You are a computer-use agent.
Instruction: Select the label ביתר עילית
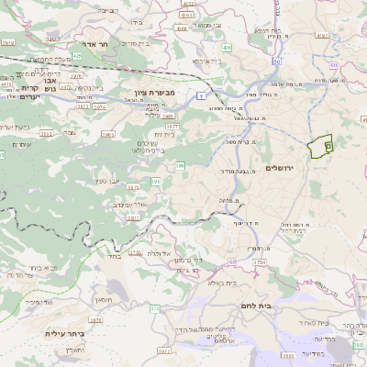click(61, 334)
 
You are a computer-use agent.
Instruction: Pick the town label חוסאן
click(103, 299)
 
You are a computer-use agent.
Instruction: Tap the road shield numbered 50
click(275, 61)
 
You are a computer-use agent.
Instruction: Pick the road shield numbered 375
click(155, 307)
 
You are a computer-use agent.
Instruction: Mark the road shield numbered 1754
click(259, 262)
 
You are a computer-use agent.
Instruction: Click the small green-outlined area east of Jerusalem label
click(320, 147)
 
